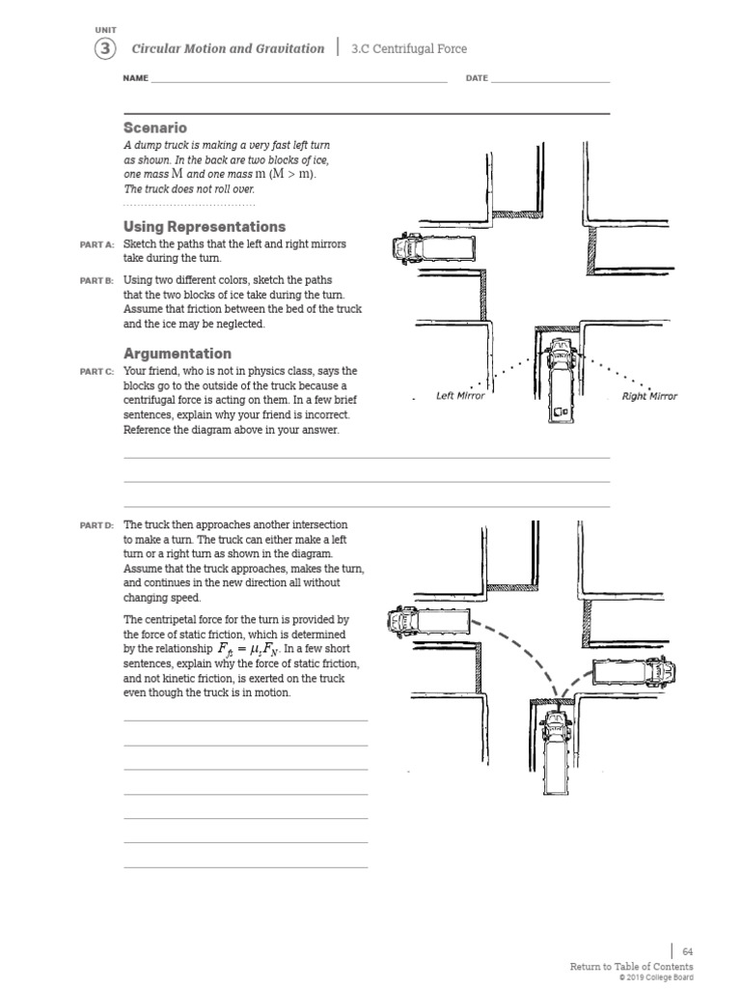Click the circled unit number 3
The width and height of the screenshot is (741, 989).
pos(105,48)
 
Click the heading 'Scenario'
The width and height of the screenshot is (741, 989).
pos(155,127)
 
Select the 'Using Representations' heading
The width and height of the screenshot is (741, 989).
pos(205,226)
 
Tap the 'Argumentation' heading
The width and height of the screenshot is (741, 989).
pos(178,353)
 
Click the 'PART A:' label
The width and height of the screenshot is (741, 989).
pos(96,245)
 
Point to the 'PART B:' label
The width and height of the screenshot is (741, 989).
pos(96,280)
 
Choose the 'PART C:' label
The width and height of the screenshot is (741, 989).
pos(96,372)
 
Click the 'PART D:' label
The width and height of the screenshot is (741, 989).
pos(96,524)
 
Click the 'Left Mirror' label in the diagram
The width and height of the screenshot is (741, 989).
pos(460,396)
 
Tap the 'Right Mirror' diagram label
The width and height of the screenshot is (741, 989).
pos(649,396)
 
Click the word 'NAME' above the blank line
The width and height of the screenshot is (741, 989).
pos(135,78)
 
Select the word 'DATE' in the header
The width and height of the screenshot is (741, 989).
pos(477,78)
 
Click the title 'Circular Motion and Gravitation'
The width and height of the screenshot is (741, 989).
pos(228,48)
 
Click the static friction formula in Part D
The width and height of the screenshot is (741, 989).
pos(250,651)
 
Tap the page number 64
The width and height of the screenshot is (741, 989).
pos(687,951)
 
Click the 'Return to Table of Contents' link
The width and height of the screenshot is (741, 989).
pos(631,967)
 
